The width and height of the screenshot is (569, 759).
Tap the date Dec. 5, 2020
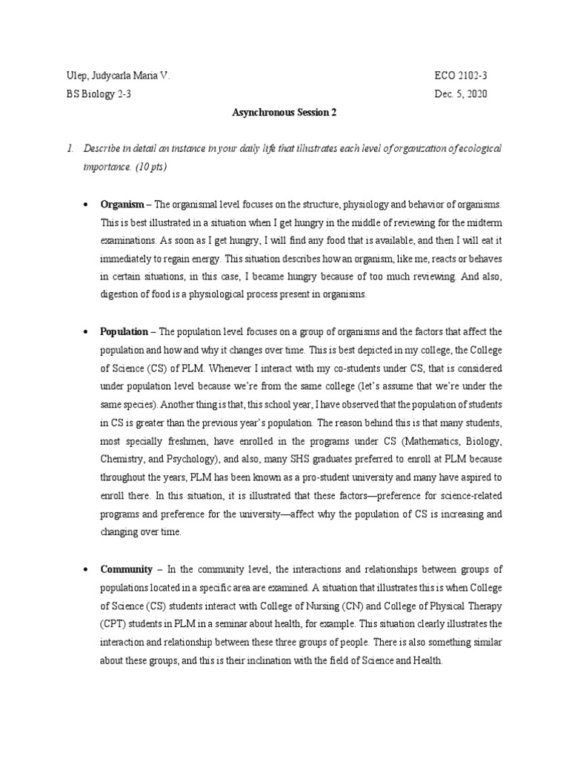tap(461, 95)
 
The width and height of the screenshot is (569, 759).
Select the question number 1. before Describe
tap(70, 149)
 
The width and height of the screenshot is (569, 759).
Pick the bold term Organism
tap(120, 204)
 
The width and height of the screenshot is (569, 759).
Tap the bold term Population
tap(124, 331)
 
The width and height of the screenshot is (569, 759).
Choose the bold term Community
tap(126, 569)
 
